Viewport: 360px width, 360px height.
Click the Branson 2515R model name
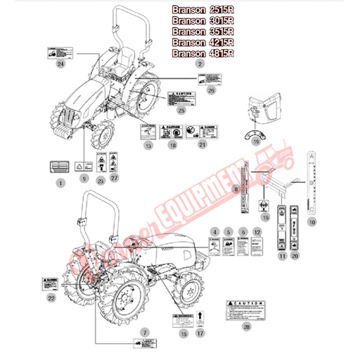point(203,9)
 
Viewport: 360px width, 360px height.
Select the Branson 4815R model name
point(203,54)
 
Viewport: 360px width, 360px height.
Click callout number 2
point(200,64)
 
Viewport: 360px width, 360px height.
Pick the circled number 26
point(212,90)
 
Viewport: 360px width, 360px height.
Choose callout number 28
point(247,326)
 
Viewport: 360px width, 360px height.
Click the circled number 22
point(52,298)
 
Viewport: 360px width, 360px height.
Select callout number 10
point(312,222)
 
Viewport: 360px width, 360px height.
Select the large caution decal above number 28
point(245,310)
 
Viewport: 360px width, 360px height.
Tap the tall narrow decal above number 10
point(312,181)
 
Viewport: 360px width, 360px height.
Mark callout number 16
point(264,216)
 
